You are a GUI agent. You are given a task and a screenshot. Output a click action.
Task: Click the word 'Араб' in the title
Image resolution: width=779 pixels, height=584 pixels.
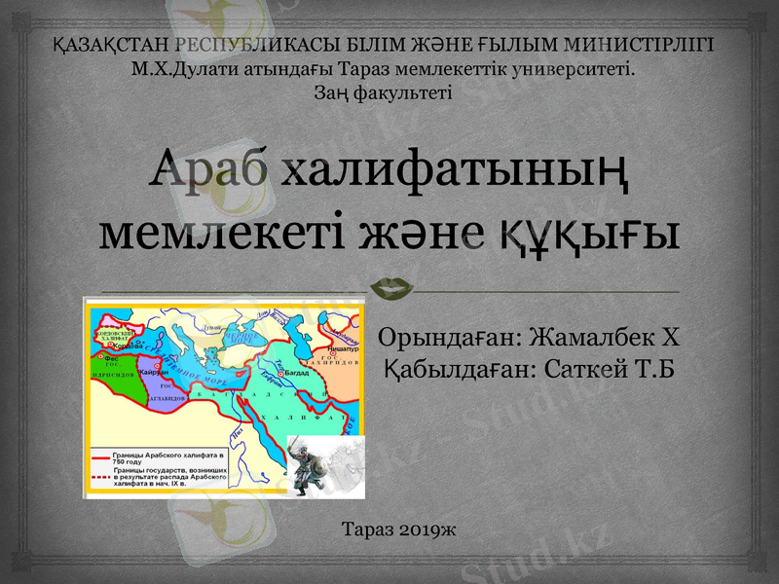point(210,174)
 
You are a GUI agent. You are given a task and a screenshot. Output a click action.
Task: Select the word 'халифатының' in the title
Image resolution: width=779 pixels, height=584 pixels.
point(454,176)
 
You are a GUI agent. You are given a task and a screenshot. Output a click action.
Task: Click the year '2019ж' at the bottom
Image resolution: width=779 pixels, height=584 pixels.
point(428,529)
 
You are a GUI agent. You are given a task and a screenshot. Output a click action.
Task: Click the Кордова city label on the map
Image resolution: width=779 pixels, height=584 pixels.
point(128,346)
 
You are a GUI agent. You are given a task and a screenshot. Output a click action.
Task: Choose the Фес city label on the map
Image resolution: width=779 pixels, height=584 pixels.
point(111,358)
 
